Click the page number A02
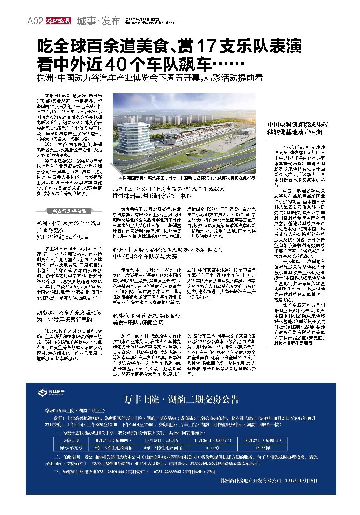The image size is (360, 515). pos(35,22)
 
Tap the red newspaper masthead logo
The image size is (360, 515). pos(58,21)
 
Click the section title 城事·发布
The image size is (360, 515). pos(98,21)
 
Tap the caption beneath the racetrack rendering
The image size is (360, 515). pos(187,178)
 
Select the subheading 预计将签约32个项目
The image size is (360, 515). pos(63,237)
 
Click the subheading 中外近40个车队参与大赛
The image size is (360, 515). pos(145,257)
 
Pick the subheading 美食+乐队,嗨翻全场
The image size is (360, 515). pos(138,322)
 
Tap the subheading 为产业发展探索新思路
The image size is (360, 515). pos(65,319)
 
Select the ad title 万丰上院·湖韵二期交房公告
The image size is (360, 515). pos(181,399)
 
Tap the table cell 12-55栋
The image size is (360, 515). pos(262,448)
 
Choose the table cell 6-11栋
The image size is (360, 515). pos(213,448)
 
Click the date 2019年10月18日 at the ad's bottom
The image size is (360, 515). pos(301,480)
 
